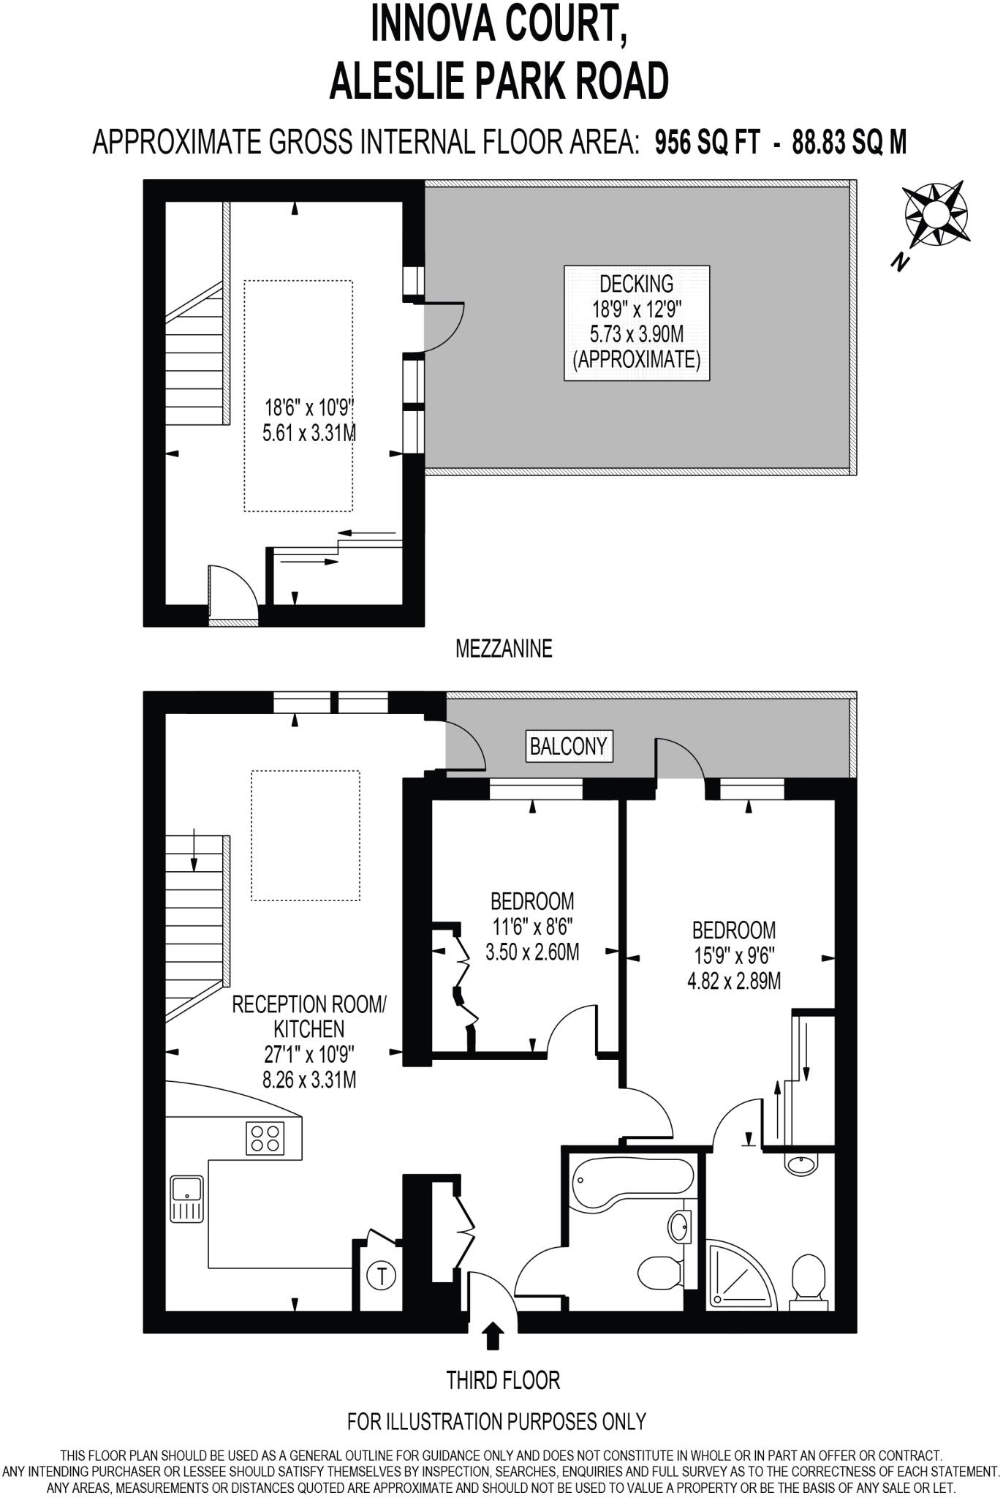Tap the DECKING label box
pyautogui.click(x=636, y=323)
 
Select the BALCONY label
pyautogui.click(x=568, y=746)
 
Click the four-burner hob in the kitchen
pyautogui.click(x=265, y=1138)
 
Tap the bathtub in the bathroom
pyautogui.click(x=633, y=1178)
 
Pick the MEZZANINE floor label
pyautogui.click(x=503, y=649)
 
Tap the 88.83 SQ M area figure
pyautogui.click(x=849, y=142)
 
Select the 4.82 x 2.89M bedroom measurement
pyautogui.click(x=733, y=980)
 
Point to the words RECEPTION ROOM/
pyautogui.click(x=309, y=1004)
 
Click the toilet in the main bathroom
pyautogui.click(x=659, y=1273)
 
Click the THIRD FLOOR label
pyautogui.click(x=503, y=1381)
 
